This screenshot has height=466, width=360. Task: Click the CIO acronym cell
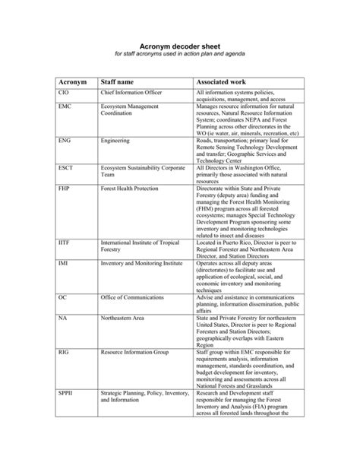(x=64, y=91)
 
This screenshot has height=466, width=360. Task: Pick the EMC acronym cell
(x=65, y=107)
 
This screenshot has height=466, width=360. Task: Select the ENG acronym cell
(x=65, y=141)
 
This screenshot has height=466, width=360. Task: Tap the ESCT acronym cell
(x=66, y=166)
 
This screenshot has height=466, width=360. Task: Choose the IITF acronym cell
(x=65, y=241)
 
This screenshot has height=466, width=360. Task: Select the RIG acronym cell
(x=63, y=353)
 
